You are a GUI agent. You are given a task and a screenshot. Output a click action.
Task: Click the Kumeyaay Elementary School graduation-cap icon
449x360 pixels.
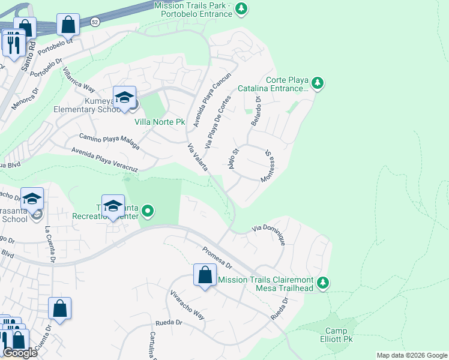124,97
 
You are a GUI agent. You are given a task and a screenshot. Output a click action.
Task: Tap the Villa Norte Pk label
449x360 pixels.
158,122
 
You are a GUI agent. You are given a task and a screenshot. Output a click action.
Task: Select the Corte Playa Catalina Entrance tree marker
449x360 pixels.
318,83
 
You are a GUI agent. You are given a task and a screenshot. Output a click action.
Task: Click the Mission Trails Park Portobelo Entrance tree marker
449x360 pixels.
241,8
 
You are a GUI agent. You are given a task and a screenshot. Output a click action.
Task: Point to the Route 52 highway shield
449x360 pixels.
95,22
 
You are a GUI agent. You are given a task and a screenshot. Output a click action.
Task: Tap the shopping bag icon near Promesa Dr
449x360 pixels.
205,275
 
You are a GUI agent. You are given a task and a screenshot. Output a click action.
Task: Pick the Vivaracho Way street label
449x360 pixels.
187,306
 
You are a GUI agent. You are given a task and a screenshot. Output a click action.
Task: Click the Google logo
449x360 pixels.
20,353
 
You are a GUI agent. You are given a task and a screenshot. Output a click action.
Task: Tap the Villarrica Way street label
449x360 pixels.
79,78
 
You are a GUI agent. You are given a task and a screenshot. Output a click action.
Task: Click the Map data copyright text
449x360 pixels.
412,355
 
